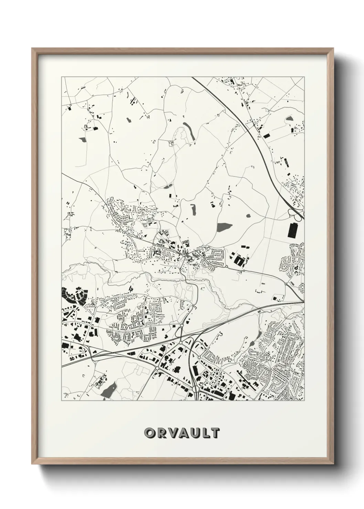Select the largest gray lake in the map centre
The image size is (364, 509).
(x=225, y=227)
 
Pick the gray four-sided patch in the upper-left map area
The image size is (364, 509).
(x=83, y=140)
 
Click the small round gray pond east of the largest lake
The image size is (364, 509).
(x=248, y=216)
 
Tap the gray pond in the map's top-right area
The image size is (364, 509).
(x=289, y=119)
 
